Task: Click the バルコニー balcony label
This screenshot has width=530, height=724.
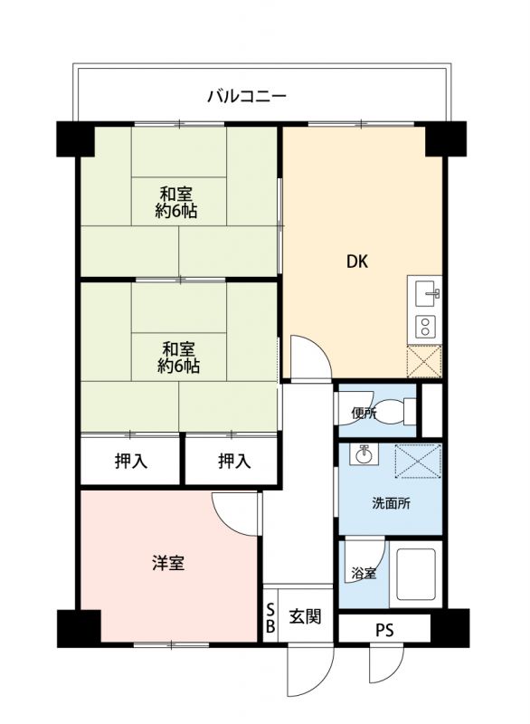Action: (247, 96)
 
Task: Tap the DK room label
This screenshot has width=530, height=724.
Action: (357, 262)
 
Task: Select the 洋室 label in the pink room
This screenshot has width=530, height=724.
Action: (168, 563)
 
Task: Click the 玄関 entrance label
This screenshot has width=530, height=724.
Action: (305, 616)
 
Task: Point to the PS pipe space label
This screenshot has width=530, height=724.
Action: (384, 630)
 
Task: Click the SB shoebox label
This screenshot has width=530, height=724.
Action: (270, 617)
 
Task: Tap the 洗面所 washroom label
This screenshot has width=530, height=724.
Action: (391, 503)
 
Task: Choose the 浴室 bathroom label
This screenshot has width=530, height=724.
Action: (364, 574)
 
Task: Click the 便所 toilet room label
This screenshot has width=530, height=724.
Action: (364, 413)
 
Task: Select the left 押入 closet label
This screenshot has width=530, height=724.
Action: (131, 461)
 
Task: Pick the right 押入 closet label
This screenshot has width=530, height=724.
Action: (234, 461)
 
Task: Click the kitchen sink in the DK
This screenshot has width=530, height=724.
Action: (428, 292)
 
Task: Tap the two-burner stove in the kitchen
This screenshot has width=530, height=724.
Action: (424, 326)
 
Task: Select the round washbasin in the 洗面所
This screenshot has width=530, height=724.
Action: (364, 455)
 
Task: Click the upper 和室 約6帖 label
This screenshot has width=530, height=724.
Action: (176, 202)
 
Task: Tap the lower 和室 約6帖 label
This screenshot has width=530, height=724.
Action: (178, 357)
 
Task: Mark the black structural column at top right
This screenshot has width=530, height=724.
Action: (445, 139)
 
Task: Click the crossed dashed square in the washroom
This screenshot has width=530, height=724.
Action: (418, 462)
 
